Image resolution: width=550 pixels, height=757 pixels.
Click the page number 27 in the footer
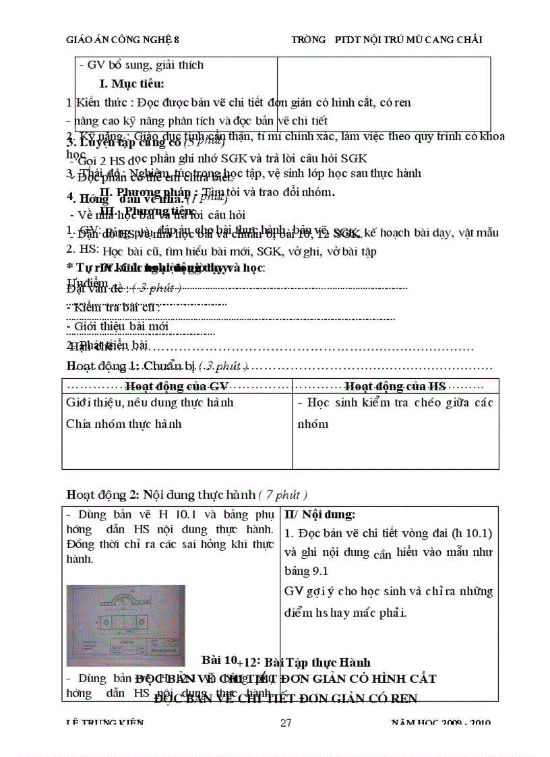(286, 723)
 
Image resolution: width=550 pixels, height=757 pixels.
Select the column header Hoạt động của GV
(177, 386)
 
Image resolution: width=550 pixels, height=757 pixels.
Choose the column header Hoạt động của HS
(396, 386)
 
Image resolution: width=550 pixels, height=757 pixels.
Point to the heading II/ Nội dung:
(319, 514)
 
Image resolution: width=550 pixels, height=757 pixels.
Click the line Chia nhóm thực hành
(123, 424)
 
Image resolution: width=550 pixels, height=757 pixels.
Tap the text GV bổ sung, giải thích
(141, 65)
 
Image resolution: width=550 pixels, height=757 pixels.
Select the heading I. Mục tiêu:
(131, 84)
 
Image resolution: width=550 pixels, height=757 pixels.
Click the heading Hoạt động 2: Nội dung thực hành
(160, 494)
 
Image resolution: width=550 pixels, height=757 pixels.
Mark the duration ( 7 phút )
(283, 494)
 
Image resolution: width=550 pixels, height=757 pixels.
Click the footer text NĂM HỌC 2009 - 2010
(441, 723)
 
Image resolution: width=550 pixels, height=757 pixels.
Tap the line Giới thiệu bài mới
(117, 326)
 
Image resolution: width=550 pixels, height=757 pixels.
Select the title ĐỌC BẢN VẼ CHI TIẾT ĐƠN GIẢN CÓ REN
(286, 698)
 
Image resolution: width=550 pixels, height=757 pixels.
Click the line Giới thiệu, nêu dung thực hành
(150, 402)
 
